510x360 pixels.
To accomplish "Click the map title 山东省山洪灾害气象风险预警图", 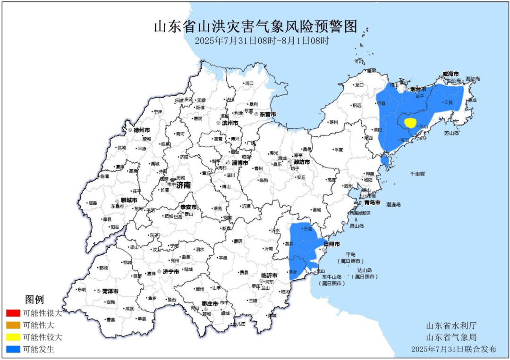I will (x=255, y=26).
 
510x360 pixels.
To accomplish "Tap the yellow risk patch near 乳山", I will (x=410, y=123).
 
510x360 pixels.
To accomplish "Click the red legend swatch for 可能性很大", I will (x=13, y=313).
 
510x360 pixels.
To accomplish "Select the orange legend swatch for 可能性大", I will (x=13, y=325).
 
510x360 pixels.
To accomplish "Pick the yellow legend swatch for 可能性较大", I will (x=13, y=337).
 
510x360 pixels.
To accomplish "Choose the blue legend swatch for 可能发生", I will (x=13, y=350).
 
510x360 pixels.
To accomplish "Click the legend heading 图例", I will (x=34, y=300).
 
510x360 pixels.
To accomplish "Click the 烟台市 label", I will (x=418, y=89).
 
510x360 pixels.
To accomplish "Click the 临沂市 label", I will (x=268, y=275).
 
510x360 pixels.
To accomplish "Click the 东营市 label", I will (x=267, y=114).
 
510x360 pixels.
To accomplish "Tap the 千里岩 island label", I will (x=417, y=174).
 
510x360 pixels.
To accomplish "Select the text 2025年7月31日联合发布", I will (x=454, y=350).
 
